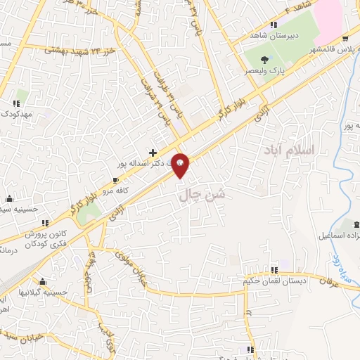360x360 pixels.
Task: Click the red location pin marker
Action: tap(181, 165)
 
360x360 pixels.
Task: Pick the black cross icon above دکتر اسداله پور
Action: tap(153, 152)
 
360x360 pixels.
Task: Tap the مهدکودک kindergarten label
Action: tap(15, 113)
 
